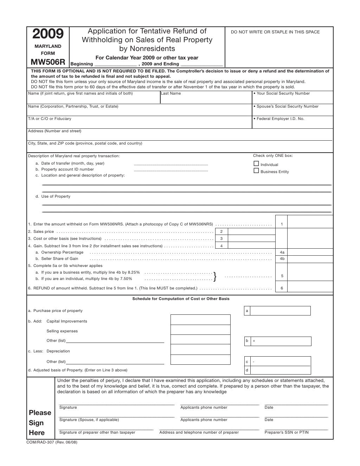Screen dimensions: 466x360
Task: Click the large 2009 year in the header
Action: click(x=48, y=34)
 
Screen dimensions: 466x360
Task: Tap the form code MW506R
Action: click(x=48, y=62)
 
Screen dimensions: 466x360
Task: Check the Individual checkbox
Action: click(x=256, y=164)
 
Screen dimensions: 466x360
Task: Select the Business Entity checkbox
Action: click(x=256, y=171)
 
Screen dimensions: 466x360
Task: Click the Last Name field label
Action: click(x=171, y=94)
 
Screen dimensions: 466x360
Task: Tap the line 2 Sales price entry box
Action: click(x=252, y=231)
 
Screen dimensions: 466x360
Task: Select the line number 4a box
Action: click(x=282, y=252)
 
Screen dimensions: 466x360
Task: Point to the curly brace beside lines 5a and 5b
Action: click(x=215, y=276)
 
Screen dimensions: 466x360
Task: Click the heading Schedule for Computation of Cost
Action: click(x=181, y=299)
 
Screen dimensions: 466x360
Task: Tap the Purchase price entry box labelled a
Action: click(x=280, y=311)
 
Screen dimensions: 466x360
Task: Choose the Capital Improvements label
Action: click(x=67, y=321)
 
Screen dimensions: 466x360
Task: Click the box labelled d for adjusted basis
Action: click(x=280, y=370)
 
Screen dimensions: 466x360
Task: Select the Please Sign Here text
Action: click(x=40, y=423)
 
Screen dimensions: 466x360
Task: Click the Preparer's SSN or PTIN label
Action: click(x=287, y=433)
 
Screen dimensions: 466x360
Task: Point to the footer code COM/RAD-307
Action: click(x=52, y=442)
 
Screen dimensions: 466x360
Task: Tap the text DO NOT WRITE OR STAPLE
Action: click(x=275, y=32)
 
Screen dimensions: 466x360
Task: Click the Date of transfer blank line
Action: click(x=171, y=164)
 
